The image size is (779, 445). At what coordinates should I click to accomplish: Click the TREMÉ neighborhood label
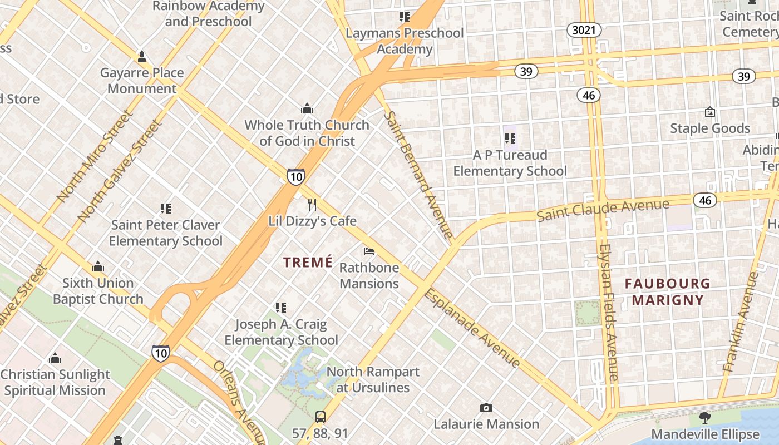click(308, 262)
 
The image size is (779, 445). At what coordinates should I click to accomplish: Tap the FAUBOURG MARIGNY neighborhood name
click(667, 292)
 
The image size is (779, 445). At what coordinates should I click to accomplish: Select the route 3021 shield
click(584, 30)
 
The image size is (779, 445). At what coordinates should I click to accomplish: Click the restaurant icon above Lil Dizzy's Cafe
click(312, 205)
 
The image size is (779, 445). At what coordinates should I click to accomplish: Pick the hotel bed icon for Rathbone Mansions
click(369, 251)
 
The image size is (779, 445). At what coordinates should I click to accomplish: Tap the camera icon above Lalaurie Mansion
click(486, 408)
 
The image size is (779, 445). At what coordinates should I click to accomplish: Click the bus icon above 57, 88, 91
click(320, 417)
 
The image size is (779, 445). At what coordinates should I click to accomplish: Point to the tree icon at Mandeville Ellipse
click(705, 418)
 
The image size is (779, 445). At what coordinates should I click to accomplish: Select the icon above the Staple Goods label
click(709, 112)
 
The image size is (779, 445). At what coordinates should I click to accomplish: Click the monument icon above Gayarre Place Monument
click(142, 57)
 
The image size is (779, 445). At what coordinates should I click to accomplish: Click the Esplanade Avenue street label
click(472, 328)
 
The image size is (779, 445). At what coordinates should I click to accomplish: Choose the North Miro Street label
click(95, 156)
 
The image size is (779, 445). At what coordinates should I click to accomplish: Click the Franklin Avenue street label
click(740, 322)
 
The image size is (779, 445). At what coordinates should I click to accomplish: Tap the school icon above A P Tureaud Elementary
click(510, 139)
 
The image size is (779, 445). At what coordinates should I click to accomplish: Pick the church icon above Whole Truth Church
click(307, 108)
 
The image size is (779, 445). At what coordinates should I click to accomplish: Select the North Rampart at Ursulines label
click(373, 379)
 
